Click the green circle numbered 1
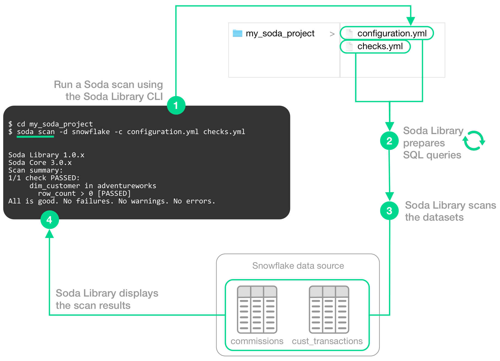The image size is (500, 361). (x=176, y=105)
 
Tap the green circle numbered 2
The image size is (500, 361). (x=389, y=141)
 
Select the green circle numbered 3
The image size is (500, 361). (x=389, y=211)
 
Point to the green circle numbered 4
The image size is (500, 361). (x=49, y=220)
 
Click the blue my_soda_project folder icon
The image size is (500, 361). (x=237, y=33)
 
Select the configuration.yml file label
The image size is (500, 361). (x=392, y=33)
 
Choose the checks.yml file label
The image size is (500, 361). (x=380, y=46)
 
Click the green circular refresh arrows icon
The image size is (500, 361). (x=474, y=141)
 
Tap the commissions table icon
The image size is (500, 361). (x=257, y=309)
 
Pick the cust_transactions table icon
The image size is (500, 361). (x=329, y=309)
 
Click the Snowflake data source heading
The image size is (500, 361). (x=298, y=266)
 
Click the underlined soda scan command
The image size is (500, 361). (x=36, y=132)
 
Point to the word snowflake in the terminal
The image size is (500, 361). (x=91, y=132)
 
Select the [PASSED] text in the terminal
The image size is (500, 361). (x=114, y=194)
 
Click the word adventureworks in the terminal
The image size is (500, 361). (x=127, y=186)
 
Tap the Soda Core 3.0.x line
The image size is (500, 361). (x=40, y=163)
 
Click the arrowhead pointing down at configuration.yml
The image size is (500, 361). (x=410, y=21)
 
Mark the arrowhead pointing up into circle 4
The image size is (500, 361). (x=49, y=233)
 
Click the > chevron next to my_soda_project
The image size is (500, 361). (x=332, y=34)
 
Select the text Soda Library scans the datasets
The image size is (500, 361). (x=450, y=211)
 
